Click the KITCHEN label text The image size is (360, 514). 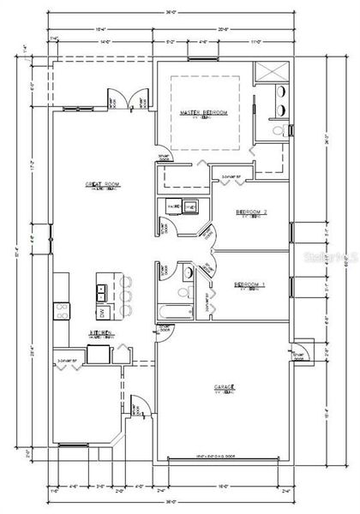98,335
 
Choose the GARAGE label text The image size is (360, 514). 225,388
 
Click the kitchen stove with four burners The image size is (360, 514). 62,310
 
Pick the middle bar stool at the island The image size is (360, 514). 126,296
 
